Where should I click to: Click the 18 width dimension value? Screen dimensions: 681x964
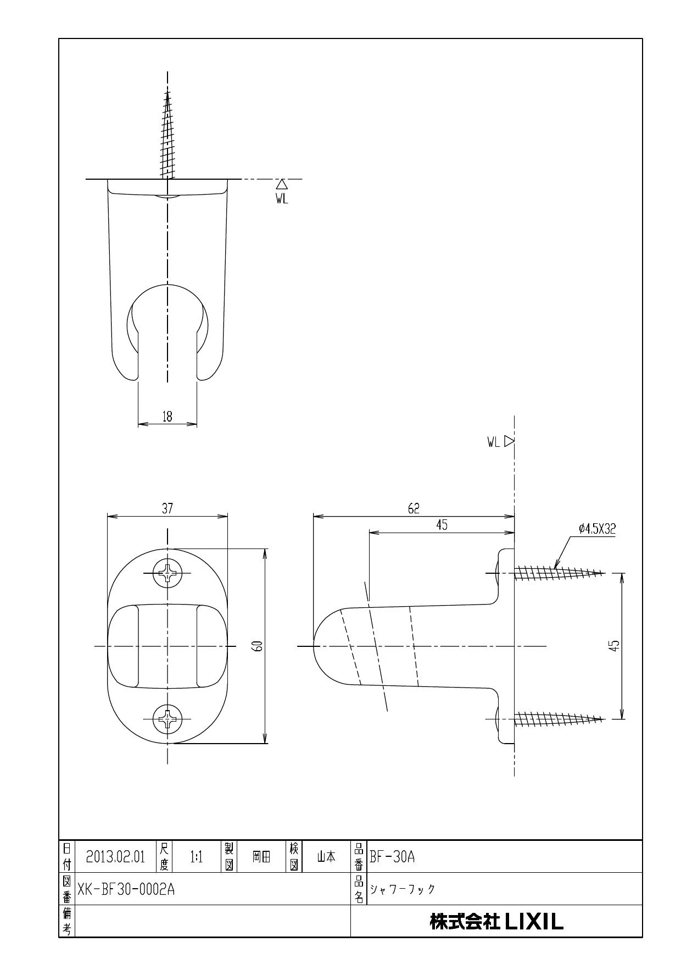(167, 417)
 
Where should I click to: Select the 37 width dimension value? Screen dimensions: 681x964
(167, 509)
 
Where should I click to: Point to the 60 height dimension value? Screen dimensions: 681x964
(259, 646)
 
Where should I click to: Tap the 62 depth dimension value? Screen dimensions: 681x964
(414, 509)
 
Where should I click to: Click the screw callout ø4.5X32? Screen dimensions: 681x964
(597, 529)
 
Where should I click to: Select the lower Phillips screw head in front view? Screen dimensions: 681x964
(167, 718)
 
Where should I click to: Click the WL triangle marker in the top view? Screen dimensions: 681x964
(282, 184)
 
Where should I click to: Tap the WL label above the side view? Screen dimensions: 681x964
(493, 442)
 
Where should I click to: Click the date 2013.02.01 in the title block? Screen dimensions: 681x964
(115, 857)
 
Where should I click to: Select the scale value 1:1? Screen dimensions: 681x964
(196, 857)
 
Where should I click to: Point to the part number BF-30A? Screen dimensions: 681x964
(392, 857)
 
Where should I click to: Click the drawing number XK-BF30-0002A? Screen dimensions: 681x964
(126, 889)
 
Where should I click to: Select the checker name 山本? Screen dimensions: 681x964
(326, 857)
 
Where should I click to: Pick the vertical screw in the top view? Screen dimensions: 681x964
(168, 135)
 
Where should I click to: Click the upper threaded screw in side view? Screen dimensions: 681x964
(558, 573)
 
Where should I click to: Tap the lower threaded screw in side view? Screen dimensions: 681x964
(558, 718)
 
